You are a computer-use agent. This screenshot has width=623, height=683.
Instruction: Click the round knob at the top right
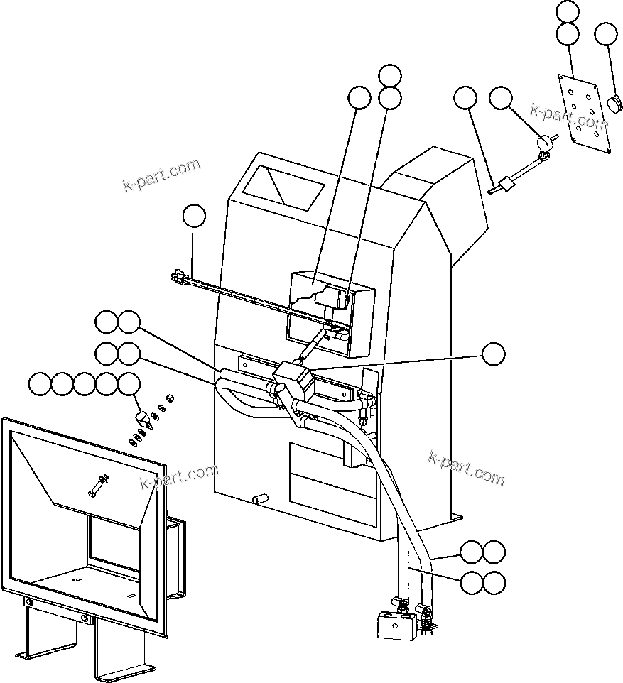pyautogui.click(x=614, y=104)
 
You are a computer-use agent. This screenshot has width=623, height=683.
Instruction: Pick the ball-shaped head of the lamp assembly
pyautogui.click(x=544, y=144)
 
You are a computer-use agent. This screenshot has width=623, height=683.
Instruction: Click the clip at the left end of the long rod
pyautogui.click(x=178, y=275)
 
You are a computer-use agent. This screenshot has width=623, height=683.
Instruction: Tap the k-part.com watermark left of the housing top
pyautogui.click(x=161, y=175)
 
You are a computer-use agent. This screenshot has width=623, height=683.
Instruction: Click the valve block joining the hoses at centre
pyautogui.click(x=291, y=381)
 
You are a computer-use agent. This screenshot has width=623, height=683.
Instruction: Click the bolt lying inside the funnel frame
pyautogui.click(x=97, y=487)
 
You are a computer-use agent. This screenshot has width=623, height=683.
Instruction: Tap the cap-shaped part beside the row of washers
pyautogui.click(x=143, y=416)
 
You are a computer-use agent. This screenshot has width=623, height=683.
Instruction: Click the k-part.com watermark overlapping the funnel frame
pyautogui.click(x=180, y=478)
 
